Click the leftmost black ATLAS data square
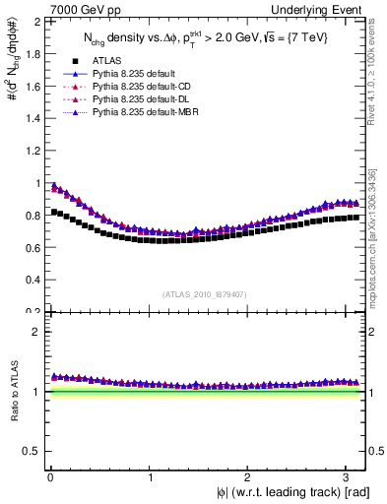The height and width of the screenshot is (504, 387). click(x=53, y=212)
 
